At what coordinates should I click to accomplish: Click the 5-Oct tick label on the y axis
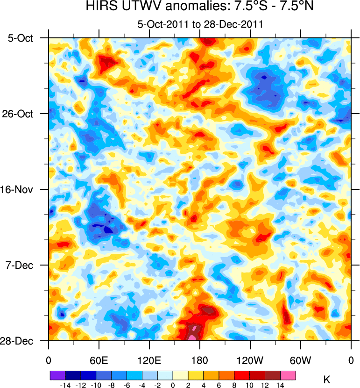tap(21, 38)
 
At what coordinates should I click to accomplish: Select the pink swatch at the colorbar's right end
tap(288, 375)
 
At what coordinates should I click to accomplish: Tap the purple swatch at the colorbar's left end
tap(57, 375)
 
